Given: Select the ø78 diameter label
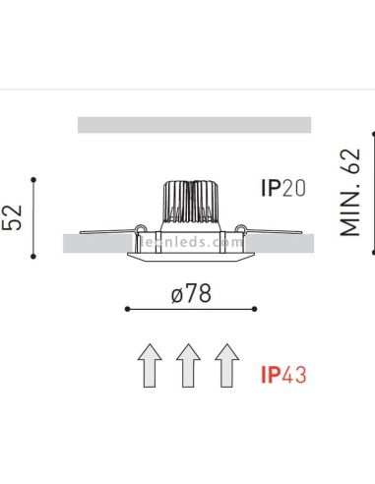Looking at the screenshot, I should tap(194, 292).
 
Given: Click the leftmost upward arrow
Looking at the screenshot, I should tap(150, 366).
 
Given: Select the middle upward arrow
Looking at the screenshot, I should tap(189, 366).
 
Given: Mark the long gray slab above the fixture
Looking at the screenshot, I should tap(193, 124).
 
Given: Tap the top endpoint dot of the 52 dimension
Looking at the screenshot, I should tap(35, 178).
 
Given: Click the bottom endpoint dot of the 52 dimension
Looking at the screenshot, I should tap(35, 258).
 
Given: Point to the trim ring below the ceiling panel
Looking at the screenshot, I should tap(193, 257).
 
